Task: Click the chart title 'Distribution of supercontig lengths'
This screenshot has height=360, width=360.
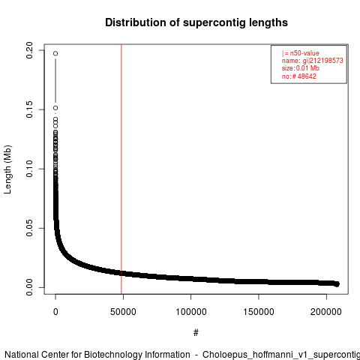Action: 196,22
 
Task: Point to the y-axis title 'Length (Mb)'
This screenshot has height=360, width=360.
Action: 7,169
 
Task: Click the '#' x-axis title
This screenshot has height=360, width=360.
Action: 196,333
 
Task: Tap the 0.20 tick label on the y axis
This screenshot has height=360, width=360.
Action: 29,50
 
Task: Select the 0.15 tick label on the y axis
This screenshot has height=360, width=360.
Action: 29,109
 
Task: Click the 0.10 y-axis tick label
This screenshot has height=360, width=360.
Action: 29,169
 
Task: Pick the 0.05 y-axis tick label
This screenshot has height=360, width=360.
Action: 29,228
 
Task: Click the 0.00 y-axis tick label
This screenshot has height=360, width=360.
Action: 29,287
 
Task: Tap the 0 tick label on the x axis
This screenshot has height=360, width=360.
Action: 55,312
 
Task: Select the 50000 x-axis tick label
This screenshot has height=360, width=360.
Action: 123,312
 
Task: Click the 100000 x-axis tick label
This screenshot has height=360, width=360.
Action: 191,312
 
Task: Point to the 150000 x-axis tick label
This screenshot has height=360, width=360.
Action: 259,312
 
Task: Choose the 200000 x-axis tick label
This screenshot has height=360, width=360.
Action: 326,312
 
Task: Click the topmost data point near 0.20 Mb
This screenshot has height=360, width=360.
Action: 55,53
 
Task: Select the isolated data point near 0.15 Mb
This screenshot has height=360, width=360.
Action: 55,108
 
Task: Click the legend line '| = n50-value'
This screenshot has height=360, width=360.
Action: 301,53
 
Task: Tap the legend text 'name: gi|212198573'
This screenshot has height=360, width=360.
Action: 313,61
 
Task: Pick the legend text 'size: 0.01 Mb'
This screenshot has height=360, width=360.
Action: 301,68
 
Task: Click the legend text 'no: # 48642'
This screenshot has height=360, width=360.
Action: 299,76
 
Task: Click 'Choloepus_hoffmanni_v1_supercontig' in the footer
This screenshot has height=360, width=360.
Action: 281,355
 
